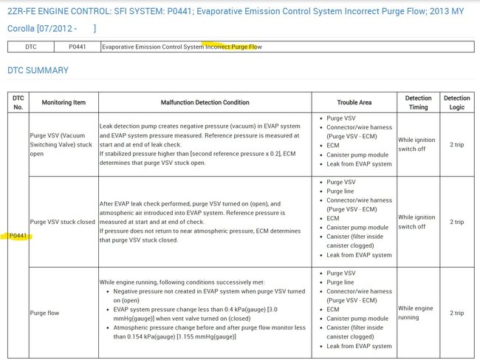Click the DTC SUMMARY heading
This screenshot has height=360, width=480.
point(38,70)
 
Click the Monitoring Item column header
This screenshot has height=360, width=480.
point(61,102)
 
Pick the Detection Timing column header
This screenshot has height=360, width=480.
point(419,102)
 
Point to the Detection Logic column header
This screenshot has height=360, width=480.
point(456,102)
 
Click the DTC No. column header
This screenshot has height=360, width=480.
point(18,102)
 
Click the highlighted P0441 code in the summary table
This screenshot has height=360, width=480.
point(18,236)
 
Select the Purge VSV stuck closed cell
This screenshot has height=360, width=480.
point(62,221)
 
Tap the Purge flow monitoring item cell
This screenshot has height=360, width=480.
point(45,313)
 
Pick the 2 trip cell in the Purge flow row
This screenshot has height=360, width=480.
point(456,312)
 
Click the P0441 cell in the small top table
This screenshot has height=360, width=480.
point(77,47)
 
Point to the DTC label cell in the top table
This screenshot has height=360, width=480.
point(31,47)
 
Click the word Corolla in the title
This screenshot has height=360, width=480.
point(23,28)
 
